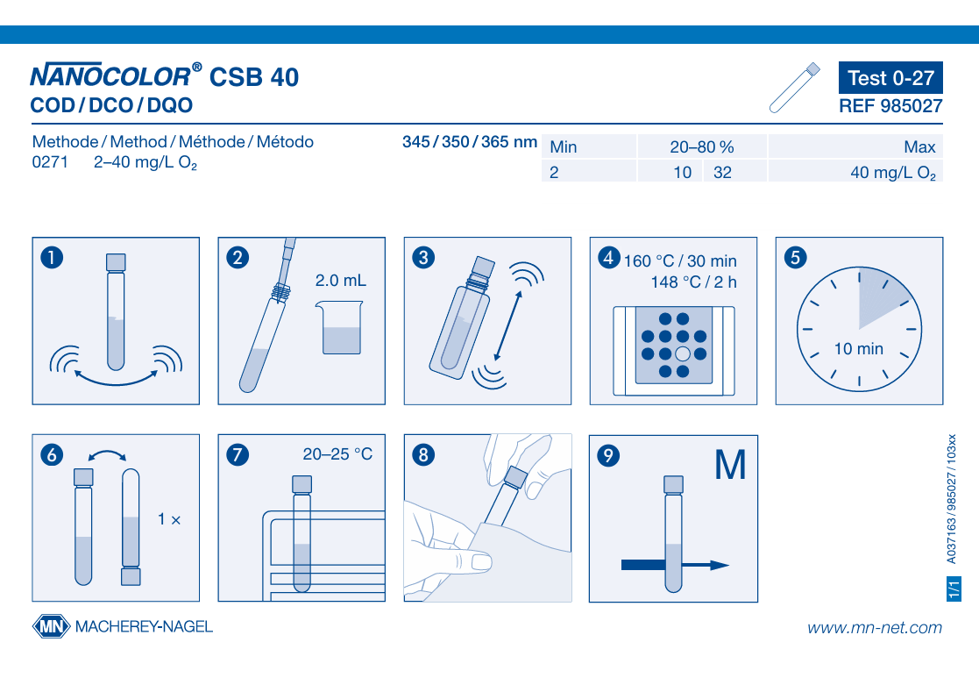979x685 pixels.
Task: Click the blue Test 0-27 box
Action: pos(890,77)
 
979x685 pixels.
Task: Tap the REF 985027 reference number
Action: pos(890,106)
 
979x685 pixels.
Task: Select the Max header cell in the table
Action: pos(855,146)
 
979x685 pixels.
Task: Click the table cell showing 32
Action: pos(734,172)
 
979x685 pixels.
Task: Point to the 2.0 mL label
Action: pos(340,281)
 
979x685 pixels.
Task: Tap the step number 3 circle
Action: pos(423,258)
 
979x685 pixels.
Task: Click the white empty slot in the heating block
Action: pos(683,353)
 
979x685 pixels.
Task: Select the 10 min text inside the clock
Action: pos(859,349)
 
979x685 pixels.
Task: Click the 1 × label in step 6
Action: pos(168,519)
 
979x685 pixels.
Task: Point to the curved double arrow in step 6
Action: pos(108,453)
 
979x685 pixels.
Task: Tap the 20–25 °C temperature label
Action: pos(337,454)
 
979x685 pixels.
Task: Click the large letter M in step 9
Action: pos(730,465)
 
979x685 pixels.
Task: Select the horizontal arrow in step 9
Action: pos(675,565)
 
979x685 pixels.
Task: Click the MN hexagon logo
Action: pos(51,626)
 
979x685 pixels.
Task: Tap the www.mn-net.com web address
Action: pos(874,627)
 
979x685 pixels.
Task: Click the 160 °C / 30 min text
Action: pos(680,261)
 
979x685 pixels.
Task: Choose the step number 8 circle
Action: pos(423,455)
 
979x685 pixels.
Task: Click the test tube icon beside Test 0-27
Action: pos(794,88)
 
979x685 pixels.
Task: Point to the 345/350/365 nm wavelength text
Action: pos(470,142)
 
